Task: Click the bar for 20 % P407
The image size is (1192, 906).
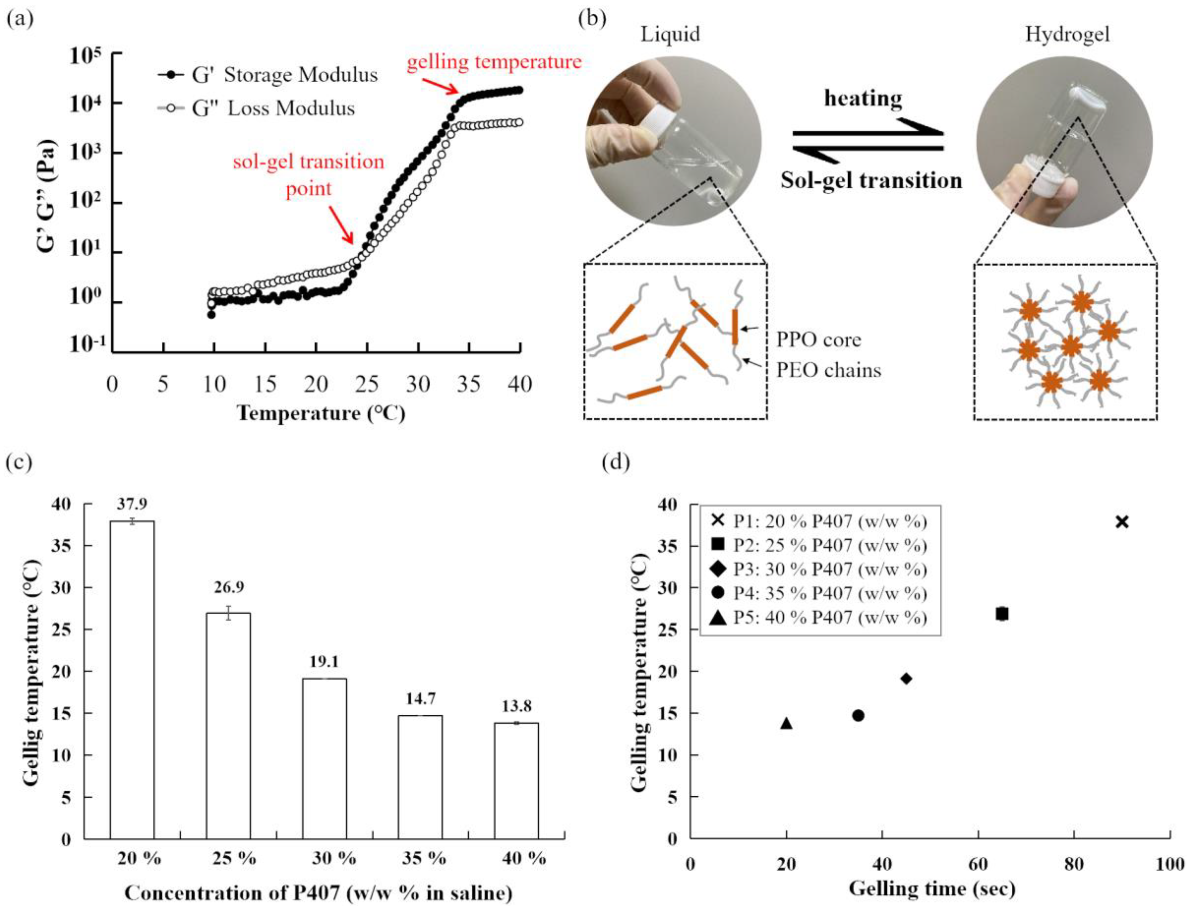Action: click(x=132, y=679)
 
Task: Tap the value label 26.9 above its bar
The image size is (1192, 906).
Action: click(x=229, y=587)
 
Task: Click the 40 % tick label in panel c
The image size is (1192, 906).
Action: click(x=523, y=858)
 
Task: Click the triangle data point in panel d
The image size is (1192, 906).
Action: click(x=787, y=723)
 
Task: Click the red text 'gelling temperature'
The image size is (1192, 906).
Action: click(x=494, y=62)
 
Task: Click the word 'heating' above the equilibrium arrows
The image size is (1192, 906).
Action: click(x=863, y=98)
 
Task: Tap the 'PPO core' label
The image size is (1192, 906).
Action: click(x=819, y=340)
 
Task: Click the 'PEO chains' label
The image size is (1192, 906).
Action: click(x=829, y=370)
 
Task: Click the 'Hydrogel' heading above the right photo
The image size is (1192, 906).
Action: click(x=1067, y=34)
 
